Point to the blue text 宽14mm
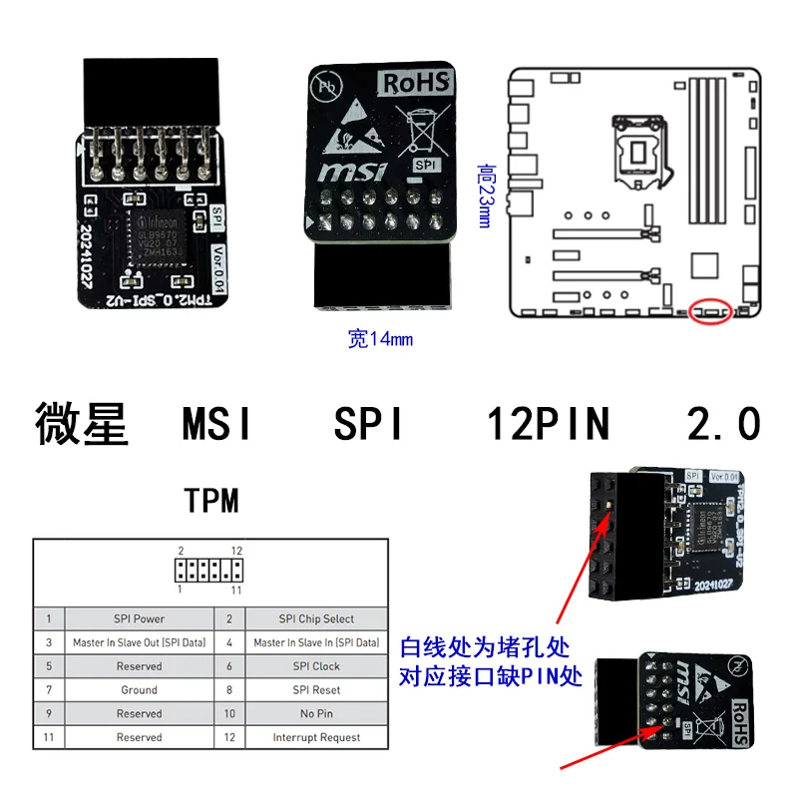tap(380, 339)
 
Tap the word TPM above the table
tap(211, 500)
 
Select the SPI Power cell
tap(139, 618)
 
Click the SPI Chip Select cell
tap(316, 618)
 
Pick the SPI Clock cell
tap(316, 666)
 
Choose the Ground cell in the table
tap(139, 690)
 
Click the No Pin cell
tap(316, 714)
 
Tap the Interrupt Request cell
tap(316, 738)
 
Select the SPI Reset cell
tap(316, 690)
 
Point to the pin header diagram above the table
tap(208, 571)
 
